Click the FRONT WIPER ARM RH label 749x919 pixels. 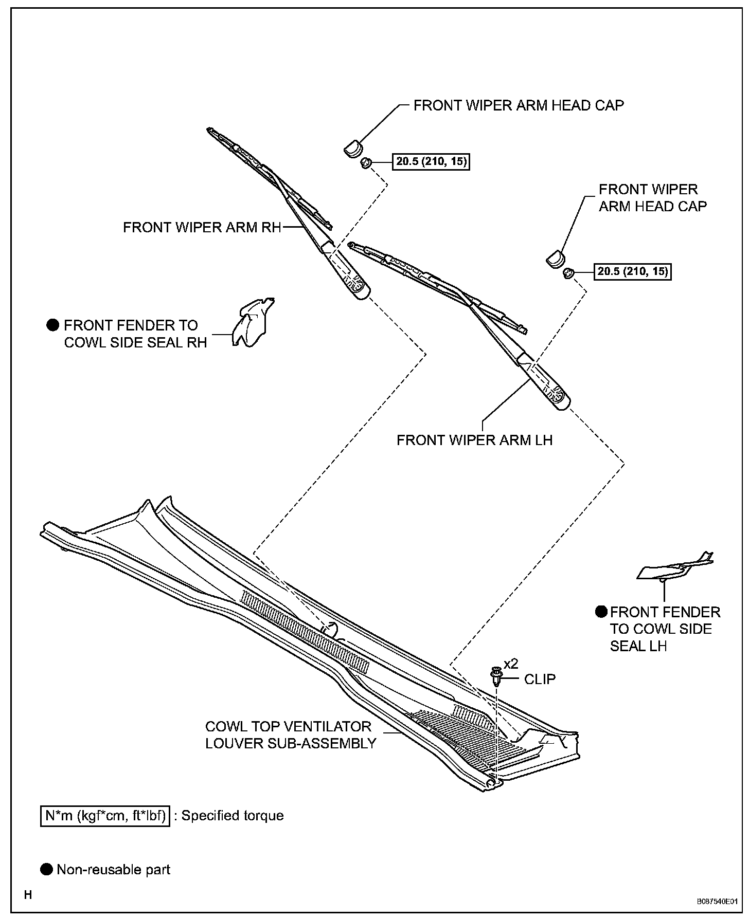[x=202, y=227]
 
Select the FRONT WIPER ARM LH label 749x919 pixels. [x=474, y=440]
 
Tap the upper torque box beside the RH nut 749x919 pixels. [x=431, y=162]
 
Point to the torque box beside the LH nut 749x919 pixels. [x=634, y=271]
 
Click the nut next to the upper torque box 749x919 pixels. [x=366, y=163]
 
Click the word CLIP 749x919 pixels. [x=540, y=679]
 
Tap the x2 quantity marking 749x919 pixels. [x=511, y=664]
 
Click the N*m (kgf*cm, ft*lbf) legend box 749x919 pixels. [x=105, y=816]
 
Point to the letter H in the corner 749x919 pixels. [x=28, y=895]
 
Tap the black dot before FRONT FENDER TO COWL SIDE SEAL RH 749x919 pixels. [x=53, y=325]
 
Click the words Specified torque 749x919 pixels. [x=233, y=816]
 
